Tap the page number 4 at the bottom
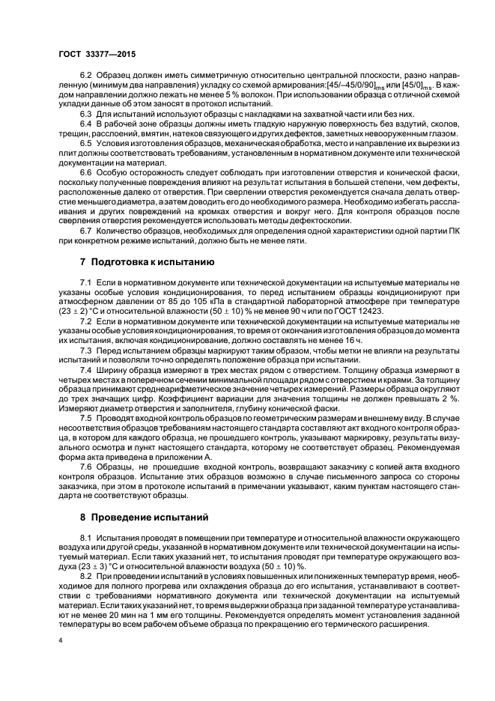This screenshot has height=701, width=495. click(60, 640)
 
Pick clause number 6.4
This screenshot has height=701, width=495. click(87, 122)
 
